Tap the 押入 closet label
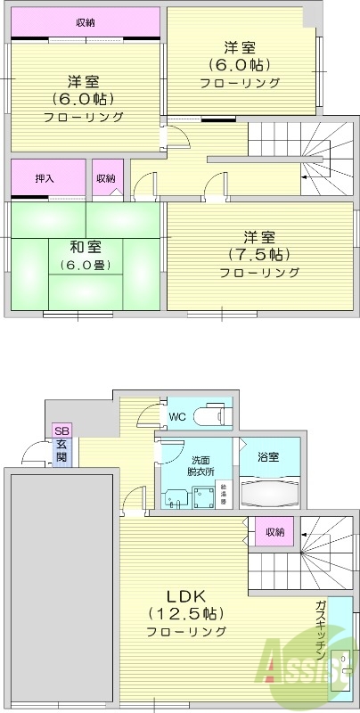pyautogui.click(x=44, y=178)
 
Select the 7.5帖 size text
pyautogui.click(x=258, y=255)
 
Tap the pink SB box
pyautogui.click(x=62, y=430)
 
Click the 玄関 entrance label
pyautogui.click(x=61, y=450)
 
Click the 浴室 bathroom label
pyautogui.click(x=268, y=457)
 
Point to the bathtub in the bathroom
pyautogui.click(x=268, y=494)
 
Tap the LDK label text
pyautogui.click(x=186, y=595)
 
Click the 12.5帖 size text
pyautogui.click(x=186, y=613)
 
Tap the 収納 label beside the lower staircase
pyautogui.click(x=274, y=532)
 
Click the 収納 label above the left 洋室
pyautogui.click(x=86, y=22)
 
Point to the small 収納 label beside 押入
pyautogui.click(x=105, y=178)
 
